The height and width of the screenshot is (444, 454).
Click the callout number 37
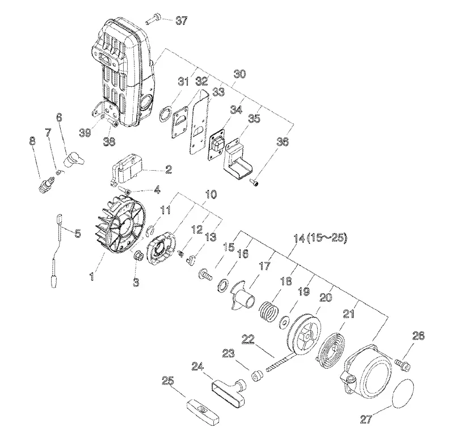[x=181, y=21]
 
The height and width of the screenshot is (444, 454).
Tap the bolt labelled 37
[x=153, y=18]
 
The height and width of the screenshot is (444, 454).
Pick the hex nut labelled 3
[x=137, y=256]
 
